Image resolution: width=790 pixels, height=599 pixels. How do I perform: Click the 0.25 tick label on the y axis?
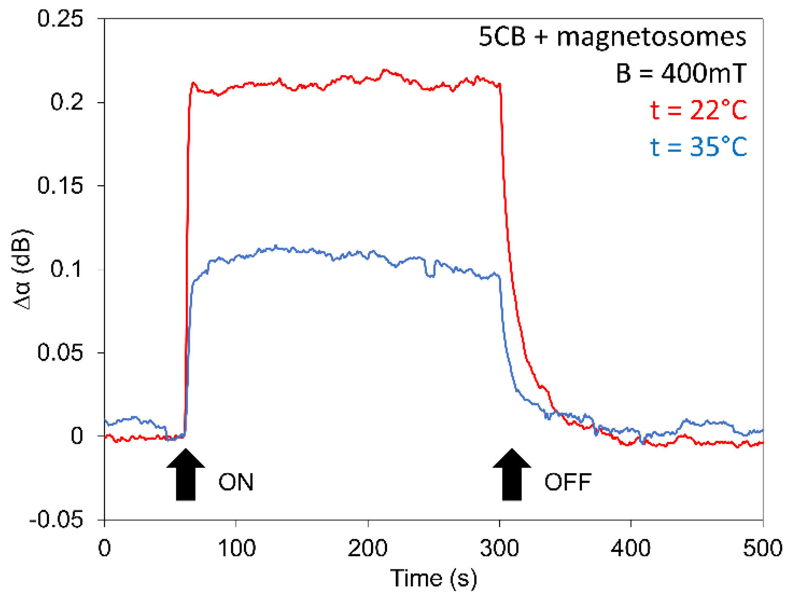point(60,19)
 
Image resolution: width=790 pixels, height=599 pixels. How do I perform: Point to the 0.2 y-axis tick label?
point(67,102)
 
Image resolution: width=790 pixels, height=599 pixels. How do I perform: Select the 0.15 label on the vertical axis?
point(60,185)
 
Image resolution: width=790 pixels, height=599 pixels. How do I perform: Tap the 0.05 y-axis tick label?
point(60,352)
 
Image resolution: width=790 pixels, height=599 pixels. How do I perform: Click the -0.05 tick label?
point(56,519)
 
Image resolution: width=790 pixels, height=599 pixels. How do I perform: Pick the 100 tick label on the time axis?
point(236,548)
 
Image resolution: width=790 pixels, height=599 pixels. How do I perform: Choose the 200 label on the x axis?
point(368,548)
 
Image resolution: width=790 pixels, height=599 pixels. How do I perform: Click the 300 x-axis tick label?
point(499,548)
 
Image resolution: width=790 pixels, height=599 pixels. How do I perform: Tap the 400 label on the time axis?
point(631,548)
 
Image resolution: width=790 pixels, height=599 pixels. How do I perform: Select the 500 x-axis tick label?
point(762,548)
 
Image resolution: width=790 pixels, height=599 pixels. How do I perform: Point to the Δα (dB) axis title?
point(22,269)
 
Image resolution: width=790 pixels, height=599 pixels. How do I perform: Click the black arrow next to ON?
point(185,475)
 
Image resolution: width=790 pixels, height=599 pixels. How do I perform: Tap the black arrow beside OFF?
point(512,475)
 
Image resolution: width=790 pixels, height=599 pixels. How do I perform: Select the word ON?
point(236,482)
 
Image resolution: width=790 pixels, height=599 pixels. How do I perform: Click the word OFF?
point(567,482)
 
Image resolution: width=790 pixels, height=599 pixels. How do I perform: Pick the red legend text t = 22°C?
point(698,110)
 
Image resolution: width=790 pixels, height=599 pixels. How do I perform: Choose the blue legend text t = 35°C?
point(698,146)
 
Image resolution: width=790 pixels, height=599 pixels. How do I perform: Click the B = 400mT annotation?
point(680,73)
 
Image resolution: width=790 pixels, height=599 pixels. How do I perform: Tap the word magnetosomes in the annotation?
point(651,36)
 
